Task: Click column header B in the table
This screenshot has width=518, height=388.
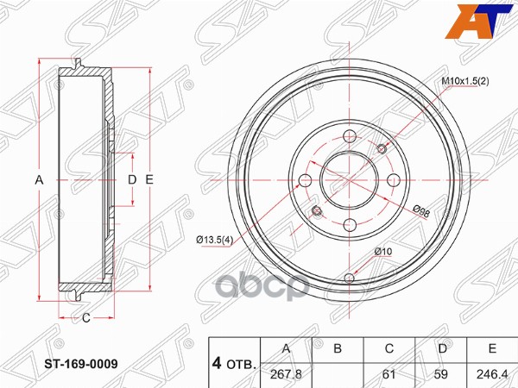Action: [x=338, y=349]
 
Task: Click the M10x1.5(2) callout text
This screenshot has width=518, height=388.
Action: [x=465, y=81]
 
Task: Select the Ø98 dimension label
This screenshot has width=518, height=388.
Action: [x=423, y=210]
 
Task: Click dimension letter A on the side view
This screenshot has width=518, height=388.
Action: [x=38, y=179]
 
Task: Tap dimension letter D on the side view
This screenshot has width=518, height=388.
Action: [x=131, y=179]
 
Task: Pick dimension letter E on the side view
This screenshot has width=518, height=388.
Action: [x=149, y=179]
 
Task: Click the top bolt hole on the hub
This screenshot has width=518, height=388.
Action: [x=350, y=135]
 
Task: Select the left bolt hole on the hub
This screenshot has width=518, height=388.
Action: [x=305, y=181]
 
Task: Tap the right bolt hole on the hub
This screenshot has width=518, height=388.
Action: [x=395, y=181]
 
